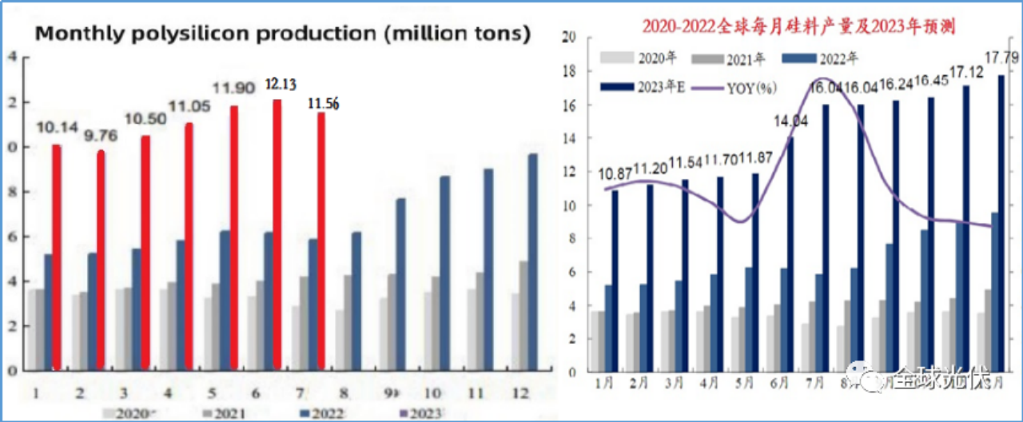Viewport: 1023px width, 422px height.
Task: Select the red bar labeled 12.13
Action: click(277, 236)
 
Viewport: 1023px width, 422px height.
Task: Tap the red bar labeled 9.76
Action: click(102, 260)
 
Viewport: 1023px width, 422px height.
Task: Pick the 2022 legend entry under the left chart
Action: click(324, 413)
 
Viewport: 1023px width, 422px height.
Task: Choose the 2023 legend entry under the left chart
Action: click(423, 413)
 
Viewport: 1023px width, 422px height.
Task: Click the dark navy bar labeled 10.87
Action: click(615, 281)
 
